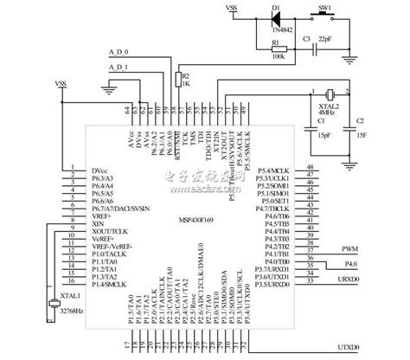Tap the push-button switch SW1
[327, 16]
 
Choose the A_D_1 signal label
[119, 67]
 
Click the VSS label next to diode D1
[232, 8]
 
